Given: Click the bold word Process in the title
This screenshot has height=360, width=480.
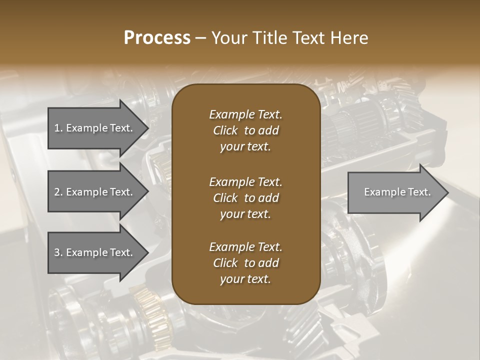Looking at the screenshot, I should (x=157, y=37).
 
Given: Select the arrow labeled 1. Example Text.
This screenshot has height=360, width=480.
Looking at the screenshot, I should (x=93, y=128).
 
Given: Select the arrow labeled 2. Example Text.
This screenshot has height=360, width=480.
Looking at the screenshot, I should (x=93, y=192).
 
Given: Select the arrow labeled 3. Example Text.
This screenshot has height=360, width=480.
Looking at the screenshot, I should (x=93, y=252).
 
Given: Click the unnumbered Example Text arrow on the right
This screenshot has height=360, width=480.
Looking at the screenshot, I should (x=397, y=192).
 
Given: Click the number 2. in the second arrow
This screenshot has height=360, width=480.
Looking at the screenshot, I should (x=58, y=192).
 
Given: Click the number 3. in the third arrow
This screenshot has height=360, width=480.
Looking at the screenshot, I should (x=58, y=252).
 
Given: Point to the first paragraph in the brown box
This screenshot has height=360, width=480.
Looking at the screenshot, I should (x=245, y=130).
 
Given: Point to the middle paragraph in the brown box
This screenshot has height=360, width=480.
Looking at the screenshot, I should (x=245, y=198).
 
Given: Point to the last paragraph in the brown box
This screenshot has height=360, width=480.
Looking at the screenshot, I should (x=245, y=263).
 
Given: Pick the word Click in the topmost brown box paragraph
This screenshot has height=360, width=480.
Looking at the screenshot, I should (x=225, y=130).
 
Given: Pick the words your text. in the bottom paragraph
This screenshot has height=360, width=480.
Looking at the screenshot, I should (x=245, y=279).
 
